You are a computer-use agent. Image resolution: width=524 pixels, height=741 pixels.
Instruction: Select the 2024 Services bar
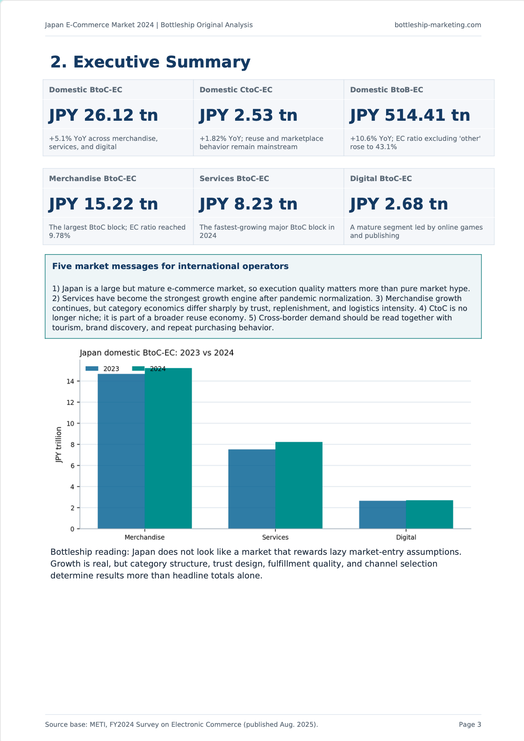(x=299, y=485)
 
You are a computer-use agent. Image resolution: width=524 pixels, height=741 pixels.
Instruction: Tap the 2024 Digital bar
(x=430, y=515)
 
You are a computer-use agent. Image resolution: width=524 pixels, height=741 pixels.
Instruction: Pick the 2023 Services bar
(x=252, y=489)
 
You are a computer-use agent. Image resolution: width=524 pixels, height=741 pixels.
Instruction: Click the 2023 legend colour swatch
(x=92, y=369)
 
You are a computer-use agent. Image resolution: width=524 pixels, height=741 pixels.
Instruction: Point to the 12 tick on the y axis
(x=71, y=402)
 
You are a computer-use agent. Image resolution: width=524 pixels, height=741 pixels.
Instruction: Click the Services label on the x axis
(x=275, y=537)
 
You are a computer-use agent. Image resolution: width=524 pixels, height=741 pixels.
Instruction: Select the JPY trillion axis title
(x=59, y=445)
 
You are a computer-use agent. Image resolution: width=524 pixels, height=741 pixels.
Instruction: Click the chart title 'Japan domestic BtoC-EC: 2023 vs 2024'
(x=156, y=353)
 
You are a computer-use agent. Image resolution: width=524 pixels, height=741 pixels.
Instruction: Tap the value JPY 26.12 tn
(x=104, y=115)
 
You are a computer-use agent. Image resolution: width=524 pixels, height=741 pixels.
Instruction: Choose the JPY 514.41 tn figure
(x=410, y=115)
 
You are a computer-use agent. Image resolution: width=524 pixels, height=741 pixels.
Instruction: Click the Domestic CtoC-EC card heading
(x=236, y=90)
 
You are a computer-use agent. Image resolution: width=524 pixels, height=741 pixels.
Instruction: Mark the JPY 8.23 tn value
(x=249, y=204)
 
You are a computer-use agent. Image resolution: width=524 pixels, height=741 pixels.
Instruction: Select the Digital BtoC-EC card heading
(x=381, y=179)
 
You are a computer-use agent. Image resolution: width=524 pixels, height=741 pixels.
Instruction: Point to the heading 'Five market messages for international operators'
(x=170, y=266)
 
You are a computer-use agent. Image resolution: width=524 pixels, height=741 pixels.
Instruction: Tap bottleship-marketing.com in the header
(x=438, y=25)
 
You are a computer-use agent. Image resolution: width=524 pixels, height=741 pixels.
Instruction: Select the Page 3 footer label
(x=470, y=724)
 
